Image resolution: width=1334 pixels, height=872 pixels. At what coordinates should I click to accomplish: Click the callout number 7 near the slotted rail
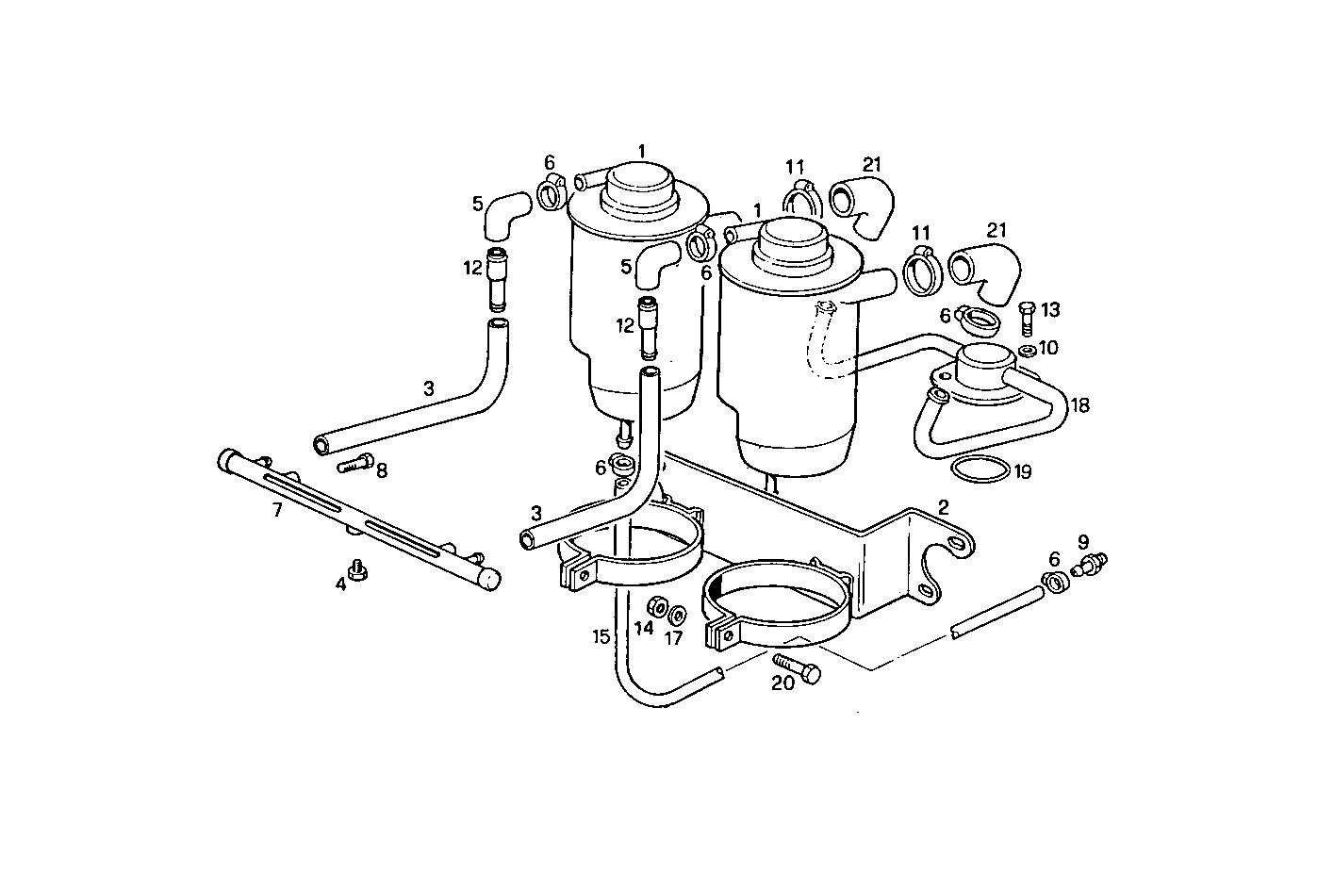(276, 510)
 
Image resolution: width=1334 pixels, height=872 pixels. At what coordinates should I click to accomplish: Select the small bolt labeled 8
(352, 465)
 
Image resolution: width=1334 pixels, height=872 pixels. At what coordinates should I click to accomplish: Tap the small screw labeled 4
(357, 569)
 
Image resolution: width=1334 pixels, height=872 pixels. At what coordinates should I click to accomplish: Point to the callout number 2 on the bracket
(942, 507)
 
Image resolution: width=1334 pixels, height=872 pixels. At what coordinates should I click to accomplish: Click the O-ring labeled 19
(978, 469)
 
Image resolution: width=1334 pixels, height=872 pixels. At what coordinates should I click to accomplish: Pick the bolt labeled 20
(797, 668)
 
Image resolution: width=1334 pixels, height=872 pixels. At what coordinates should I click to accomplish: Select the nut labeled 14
(658, 605)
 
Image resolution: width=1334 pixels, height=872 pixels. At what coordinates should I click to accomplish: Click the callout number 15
(601, 636)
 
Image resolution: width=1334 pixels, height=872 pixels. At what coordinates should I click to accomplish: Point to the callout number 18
(1080, 405)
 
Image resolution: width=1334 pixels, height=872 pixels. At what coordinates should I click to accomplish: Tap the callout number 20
(782, 683)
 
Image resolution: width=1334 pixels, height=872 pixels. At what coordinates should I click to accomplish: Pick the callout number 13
(1050, 309)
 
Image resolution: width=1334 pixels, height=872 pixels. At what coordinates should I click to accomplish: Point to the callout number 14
(644, 629)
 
